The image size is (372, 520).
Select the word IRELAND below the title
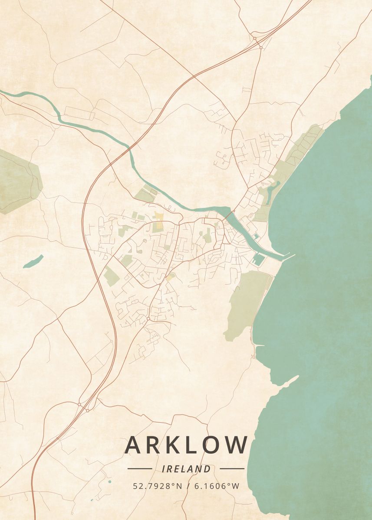pyautogui.click(x=186, y=469)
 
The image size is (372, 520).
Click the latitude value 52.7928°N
pyautogui.click(x=158, y=486)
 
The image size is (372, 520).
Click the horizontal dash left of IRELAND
pyautogui.click(x=140, y=468)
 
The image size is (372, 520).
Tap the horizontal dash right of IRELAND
pyautogui.click(x=232, y=468)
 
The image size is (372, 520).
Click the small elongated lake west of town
pyautogui.click(x=33, y=261)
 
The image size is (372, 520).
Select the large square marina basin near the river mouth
pyautogui.click(x=258, y=260)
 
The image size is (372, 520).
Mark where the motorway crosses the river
pyautogui.click(x=129, y=148)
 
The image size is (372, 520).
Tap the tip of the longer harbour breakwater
pyautogui.click(x=293, y=255)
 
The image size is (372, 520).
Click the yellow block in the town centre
pyautogui.click(x=159, y=221)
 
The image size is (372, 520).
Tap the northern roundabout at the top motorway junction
pyautogui.click(x=255, y=38)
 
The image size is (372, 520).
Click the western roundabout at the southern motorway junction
pyautogui.click(x=79, y=404)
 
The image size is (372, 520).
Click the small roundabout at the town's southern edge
pyautogui.click(x=148, y=318)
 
